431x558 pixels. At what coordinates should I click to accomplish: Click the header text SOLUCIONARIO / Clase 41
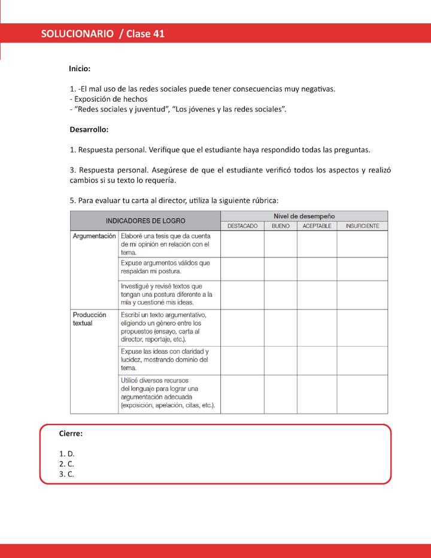(x=103, y=34)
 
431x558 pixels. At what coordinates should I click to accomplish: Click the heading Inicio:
(x=80, y=69)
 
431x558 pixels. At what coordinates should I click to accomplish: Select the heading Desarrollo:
(x=89, y=129)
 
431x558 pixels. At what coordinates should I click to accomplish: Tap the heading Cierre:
(x=71, y=433)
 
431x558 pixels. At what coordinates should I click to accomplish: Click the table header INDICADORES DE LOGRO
(x=145, y=220)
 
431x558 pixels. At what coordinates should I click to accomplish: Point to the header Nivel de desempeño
(x=304, y=216)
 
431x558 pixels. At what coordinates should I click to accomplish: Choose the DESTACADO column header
(x=242, y=226)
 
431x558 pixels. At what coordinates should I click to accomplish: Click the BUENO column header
(x=280, y=226)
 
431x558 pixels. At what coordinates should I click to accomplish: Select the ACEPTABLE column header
(x=317, y=226)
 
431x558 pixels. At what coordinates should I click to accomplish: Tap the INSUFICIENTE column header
(x=362, y=226)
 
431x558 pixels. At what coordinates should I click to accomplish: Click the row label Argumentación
(x=94, y=236)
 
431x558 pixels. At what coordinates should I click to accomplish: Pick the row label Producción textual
(x=89, y=319)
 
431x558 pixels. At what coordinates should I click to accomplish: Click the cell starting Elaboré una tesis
(x=165, y=244)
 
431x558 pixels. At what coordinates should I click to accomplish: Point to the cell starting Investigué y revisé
(x=166, y=294)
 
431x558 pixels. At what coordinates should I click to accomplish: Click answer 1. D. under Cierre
(x=66, y=453)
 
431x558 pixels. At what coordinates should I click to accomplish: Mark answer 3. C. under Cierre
(x=66, y=474)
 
